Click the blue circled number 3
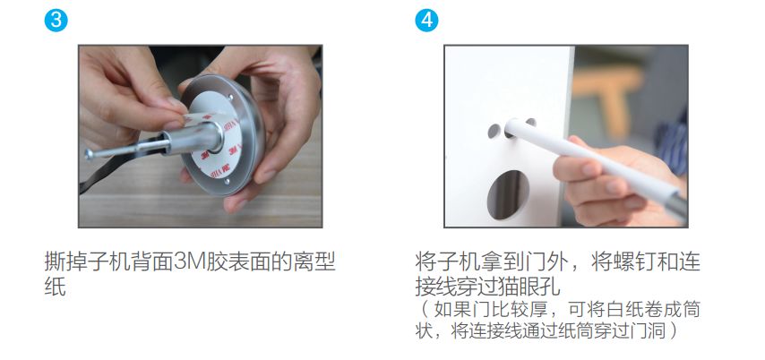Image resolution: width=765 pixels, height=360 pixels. tap(56, 21)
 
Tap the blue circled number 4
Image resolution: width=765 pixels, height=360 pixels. tap(426, 21)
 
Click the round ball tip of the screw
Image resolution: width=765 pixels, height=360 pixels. tap(89, 154)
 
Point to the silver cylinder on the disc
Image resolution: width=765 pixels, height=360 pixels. tap(195, 139)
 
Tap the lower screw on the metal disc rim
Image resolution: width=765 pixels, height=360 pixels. tap(227, 182)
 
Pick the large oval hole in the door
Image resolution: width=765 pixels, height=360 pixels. tap(509, 194)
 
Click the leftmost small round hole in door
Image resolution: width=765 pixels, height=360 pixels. tap(494, 131)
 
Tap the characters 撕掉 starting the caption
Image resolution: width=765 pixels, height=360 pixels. tap(65, 262)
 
